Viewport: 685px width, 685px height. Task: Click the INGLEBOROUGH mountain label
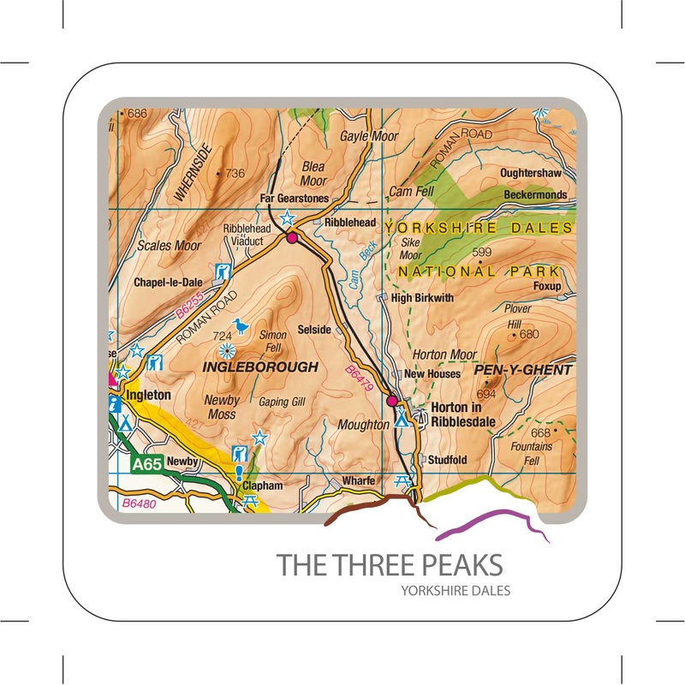[260, 366]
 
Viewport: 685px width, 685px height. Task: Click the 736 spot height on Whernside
[234, 174]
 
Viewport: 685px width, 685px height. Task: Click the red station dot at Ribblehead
[292, 238]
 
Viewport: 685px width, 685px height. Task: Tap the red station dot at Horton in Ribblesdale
[392, 400]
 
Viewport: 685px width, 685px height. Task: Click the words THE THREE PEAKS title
[390, 565]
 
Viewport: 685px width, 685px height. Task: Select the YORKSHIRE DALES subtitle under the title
[455, 591]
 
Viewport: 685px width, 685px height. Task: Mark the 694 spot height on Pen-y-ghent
[486, 393]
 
